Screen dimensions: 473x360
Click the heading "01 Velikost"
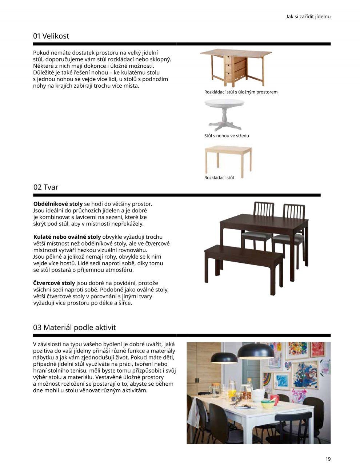(51, 36)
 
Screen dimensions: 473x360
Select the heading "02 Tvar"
(45, 187)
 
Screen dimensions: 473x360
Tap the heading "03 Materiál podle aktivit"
(74, 327)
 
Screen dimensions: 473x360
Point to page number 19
(328, 459)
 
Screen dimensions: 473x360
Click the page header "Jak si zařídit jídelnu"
(308, 16)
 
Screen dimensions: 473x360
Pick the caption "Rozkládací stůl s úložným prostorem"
(241, 92)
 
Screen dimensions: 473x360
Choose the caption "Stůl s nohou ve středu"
(227, 136)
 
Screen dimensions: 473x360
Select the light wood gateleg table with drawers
(236, 67)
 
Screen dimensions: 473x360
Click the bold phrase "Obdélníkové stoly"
(58, 204)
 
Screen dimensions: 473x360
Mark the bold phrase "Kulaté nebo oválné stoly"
(67, 237)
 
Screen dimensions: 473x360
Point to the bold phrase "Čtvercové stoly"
(54, 283)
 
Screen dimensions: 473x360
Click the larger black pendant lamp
(256, 351)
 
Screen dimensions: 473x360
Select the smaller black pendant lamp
(224, 358)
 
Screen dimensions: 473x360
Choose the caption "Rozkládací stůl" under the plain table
(219, 178)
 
